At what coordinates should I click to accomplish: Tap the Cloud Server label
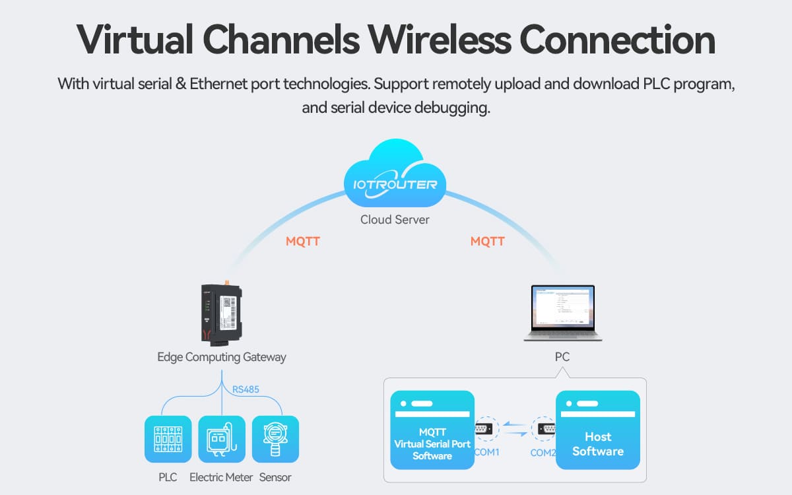[395, 220]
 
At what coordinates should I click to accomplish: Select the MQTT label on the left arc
[303, 242]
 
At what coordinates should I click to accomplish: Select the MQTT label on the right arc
[488, 242]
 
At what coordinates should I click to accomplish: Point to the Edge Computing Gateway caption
[221, 357]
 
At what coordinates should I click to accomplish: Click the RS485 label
[246, 389]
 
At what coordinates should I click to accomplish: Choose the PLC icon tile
[168, 439]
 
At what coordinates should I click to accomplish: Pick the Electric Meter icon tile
[222, 439]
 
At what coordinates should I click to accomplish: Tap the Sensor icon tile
[275, 439]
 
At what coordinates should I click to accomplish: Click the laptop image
[563, 312]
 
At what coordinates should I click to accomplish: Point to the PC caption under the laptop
[562, 357]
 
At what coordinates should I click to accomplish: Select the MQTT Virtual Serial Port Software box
[432, 430]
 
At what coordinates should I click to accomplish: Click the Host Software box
[598, 430]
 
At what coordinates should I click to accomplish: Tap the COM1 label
[486, 453]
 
